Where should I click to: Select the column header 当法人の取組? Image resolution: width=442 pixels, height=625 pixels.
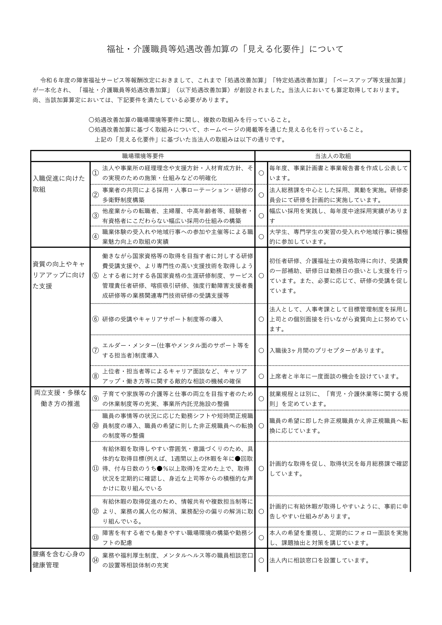333,156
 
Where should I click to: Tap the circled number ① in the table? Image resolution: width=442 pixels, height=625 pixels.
95,173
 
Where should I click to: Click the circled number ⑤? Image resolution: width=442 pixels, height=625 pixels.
95,275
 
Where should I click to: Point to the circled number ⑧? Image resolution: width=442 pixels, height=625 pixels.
95,376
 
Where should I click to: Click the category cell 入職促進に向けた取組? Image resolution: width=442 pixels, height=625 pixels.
59,184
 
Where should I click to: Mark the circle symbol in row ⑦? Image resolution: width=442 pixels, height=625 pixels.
261,350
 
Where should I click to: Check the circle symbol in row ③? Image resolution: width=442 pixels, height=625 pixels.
261,216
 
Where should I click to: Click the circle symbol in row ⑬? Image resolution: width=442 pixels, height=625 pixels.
261,538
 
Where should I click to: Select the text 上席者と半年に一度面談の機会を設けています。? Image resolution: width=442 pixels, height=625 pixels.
334,376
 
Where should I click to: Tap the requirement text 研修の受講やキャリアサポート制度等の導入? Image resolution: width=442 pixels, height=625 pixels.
163,319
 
